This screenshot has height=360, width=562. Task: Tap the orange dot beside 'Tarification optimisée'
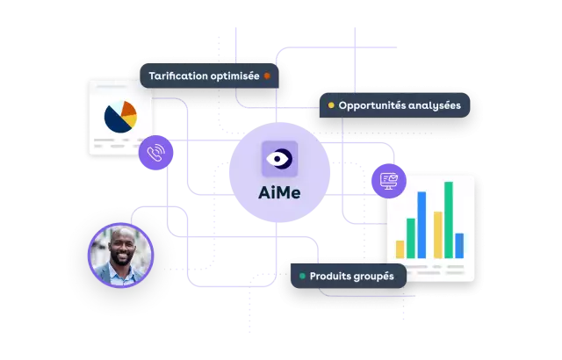coord(267,76)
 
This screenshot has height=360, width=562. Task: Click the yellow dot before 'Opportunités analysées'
coord(331,105)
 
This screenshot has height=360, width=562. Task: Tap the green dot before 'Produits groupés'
coord(302,276)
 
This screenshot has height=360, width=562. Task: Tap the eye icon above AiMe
coord(279,159)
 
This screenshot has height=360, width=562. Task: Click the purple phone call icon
coord(156,153)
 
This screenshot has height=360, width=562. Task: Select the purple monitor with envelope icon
coord(388,180)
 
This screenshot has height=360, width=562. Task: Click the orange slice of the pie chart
coord(129,111)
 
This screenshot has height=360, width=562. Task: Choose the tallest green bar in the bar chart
coord(448,220)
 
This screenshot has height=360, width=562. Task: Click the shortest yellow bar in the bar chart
coord(400,249)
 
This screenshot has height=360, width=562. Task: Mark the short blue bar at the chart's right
coord(458,245)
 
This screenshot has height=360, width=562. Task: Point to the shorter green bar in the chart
coord(410,236)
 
